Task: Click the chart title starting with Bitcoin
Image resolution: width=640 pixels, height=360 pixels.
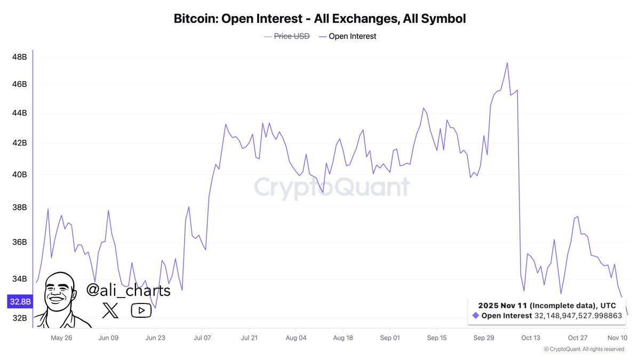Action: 319,19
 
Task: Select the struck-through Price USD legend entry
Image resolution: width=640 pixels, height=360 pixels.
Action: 291,36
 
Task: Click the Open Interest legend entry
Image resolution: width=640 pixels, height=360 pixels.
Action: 352,36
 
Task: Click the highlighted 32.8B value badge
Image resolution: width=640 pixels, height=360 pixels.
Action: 19,302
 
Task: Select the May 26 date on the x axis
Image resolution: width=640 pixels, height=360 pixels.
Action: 61,338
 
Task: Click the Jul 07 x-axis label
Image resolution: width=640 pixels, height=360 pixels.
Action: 202,338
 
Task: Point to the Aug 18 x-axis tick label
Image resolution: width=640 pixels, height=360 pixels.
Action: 342,338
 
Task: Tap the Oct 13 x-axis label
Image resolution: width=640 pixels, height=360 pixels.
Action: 530,338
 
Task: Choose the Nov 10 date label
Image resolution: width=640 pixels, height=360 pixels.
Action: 617,338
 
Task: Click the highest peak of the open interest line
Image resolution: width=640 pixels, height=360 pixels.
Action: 507,63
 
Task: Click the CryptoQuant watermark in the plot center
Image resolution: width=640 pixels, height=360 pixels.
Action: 331,187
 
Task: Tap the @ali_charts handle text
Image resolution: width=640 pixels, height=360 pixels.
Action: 129,291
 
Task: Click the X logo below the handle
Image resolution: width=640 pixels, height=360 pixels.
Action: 110,310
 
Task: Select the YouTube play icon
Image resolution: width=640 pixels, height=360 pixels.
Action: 141,310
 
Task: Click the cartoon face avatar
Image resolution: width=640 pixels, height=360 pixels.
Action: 60,299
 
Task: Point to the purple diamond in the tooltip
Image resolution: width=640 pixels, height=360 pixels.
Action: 476,316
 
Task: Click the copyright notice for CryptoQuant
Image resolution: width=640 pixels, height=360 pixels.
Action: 583,349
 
